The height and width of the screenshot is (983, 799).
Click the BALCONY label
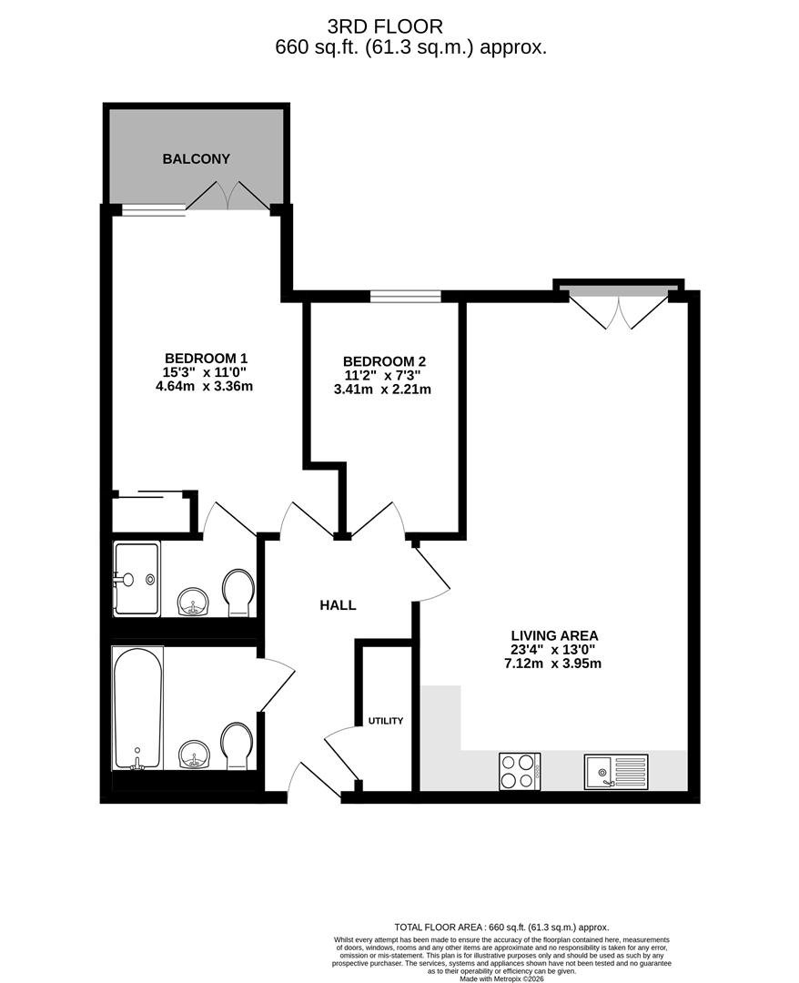click(x=197, y=159)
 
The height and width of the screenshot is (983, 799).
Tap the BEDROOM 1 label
click(x=207, y=359)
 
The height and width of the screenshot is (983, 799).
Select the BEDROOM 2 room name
click(x=384, y=361)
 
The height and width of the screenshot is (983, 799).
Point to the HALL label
click(x=338, y=605)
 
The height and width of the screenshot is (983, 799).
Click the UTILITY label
click(x=386, y=721)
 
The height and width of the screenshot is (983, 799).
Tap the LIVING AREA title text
click(x=554, y=635)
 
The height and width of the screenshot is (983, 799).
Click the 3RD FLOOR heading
click(x=385, y=26)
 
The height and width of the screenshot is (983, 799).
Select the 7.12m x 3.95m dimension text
click(x=552, y=664)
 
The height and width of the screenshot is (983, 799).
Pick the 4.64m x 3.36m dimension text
click(x=204, y=386)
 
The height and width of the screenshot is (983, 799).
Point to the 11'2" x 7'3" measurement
click(x=381, y=376)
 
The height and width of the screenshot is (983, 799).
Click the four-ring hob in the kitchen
click(x=520, y=771)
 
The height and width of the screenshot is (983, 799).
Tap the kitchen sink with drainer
click(x=617, y=772)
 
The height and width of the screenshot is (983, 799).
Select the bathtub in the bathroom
click(x=137, y=708)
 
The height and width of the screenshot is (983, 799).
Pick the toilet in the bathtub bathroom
click(x=237, y=746)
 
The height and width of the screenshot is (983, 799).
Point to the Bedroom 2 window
click(x=406, y=296)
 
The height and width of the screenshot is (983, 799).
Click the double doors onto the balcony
click(x=228, y=197)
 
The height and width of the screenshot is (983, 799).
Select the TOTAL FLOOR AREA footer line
click(x=501, y=927)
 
